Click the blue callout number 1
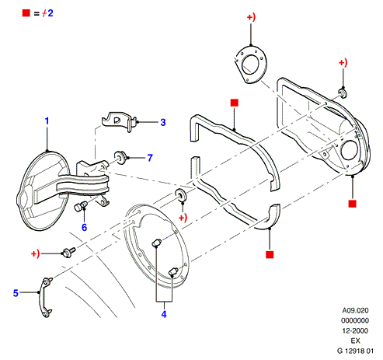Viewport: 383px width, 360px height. tap(47, 121)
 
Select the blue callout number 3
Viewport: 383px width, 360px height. tap(163, 122)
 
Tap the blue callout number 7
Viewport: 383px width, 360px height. tap(150, 158)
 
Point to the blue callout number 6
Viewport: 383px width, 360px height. tap(84, 227)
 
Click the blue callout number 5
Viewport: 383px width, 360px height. tap(16, 293)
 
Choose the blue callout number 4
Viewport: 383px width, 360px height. tap(164, 314)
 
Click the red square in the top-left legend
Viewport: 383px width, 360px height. tap(26, 12)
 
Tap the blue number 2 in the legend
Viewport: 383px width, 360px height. tap(50, 13)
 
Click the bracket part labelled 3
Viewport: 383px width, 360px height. tap(119, 122)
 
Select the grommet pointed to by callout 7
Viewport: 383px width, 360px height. tap(120, 157)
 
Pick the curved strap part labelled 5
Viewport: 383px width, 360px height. tap(44, 297)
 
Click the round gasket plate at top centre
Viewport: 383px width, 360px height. tap(251, 65)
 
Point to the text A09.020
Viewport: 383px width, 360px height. tap(355, 310)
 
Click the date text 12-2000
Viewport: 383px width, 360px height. tap(355, 330)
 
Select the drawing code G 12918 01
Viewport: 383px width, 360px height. tap(355, 351)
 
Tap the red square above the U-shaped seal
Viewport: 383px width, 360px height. tap(235, 103)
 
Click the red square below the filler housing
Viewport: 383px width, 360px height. tap(353, 204)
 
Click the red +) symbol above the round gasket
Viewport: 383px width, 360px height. tap(251, 17)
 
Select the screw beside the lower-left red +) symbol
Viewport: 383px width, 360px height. tap(68, 252)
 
